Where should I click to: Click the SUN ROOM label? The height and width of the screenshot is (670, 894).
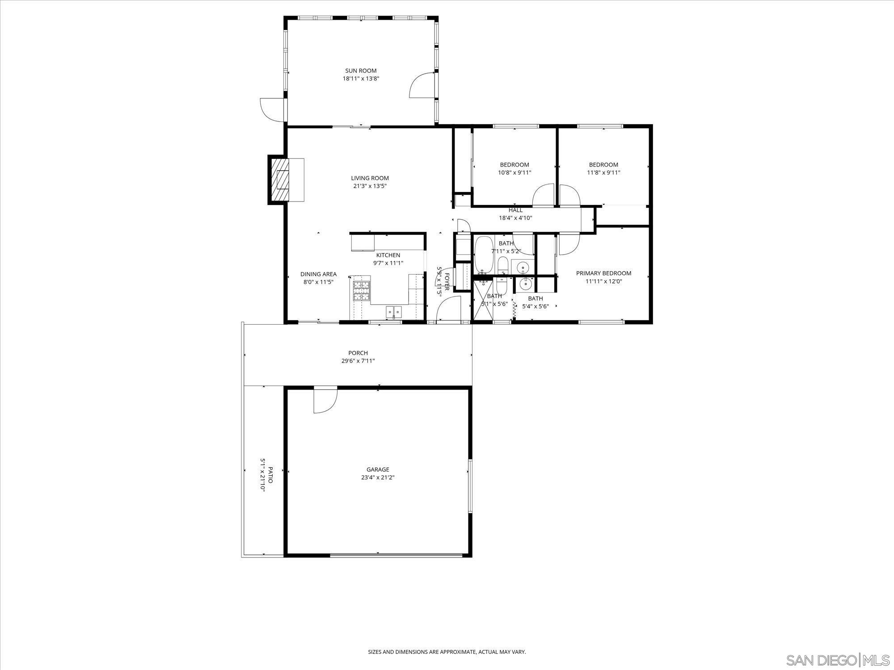(x=361, y=71)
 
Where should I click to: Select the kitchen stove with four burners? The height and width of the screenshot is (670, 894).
(x=362, y=290)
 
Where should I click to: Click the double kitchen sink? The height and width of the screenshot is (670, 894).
(x=394, y=311)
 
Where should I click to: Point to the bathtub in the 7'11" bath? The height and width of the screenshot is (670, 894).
(x=483, y=255)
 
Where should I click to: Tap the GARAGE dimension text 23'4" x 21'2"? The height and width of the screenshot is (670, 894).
(x=378, y=477)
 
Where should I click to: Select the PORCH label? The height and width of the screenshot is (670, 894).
(x=358, y=353)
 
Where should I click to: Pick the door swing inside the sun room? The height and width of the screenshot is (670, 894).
(x=421, y=86)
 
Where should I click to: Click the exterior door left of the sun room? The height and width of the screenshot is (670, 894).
(x=270, y=109)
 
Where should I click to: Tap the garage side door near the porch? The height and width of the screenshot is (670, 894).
(x=324, y=400)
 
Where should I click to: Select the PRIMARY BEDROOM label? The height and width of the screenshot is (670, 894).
(x=603, y=273)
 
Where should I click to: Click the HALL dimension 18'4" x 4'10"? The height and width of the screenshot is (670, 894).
(x=515, y=218)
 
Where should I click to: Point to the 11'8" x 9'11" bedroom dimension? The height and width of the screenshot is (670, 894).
(x=603, y=172)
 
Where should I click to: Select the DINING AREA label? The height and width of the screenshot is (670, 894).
(x=318, y=274)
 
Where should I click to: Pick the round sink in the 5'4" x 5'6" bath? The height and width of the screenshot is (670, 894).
(x=525, y=282)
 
